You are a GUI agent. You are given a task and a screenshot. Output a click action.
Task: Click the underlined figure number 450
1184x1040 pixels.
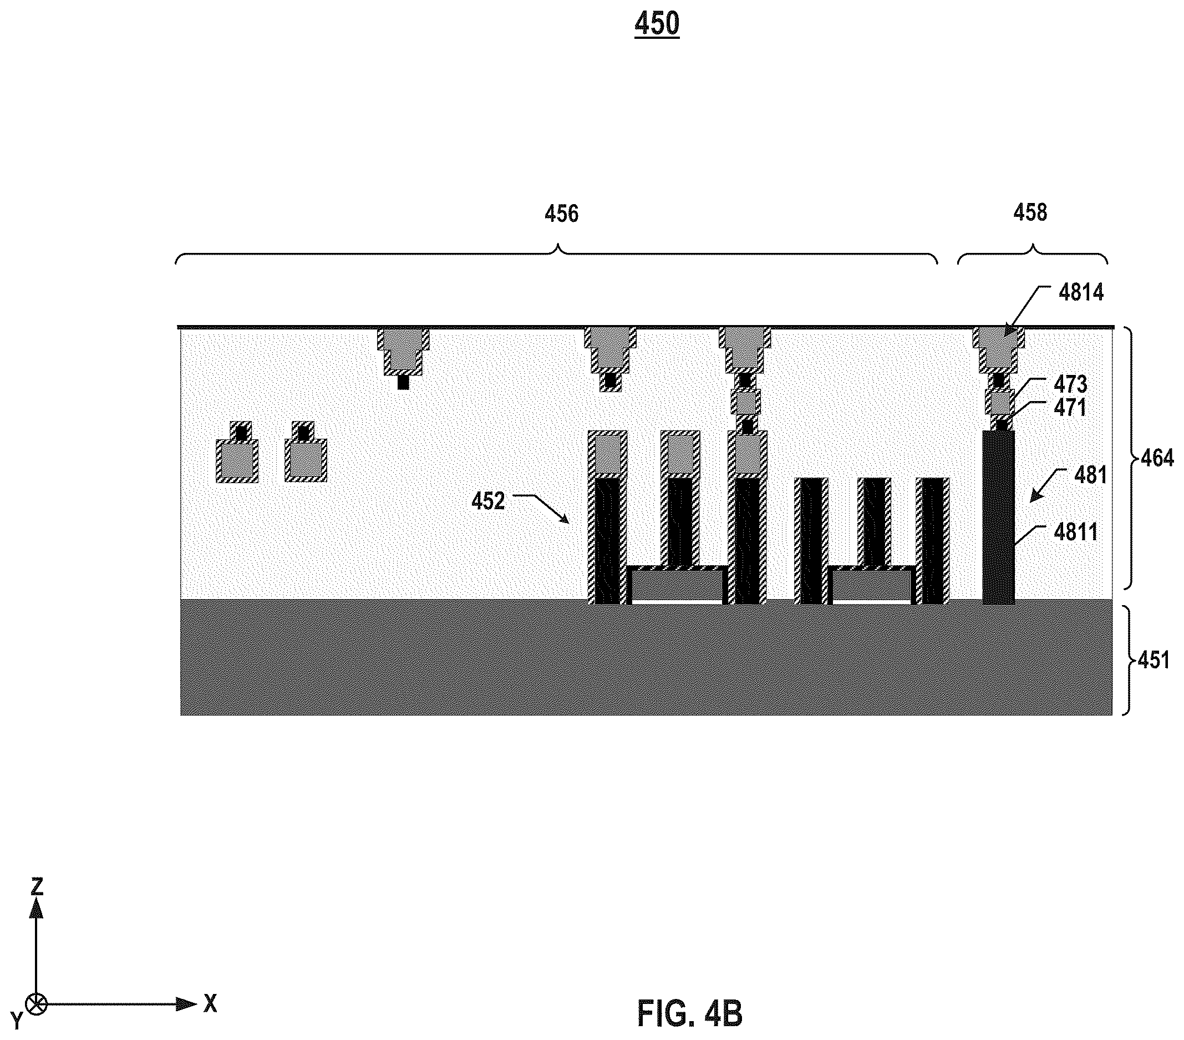click(x=656, y=24)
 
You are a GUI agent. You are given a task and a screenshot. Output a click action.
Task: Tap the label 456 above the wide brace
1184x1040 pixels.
click(x=561, y=214)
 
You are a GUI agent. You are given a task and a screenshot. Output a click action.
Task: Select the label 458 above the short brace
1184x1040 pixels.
click(x=1030, y=212)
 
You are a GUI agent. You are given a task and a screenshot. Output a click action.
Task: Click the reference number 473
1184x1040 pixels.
click(x=1070, y=384)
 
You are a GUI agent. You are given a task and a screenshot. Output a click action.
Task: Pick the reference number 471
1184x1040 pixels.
click(x=1070, y=408)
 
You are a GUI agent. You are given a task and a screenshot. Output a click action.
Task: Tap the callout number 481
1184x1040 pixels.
click(x=1091, y=475)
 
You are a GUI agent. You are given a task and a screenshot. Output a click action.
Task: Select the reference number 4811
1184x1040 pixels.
click(x=1076, y=532)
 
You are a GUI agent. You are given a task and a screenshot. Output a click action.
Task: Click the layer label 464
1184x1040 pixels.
click(x=1157, y=458)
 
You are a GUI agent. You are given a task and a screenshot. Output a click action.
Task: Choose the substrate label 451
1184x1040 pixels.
click(x=1153, y=661)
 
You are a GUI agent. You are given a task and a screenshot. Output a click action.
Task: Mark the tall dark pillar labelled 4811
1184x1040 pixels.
click(x=998, y=517)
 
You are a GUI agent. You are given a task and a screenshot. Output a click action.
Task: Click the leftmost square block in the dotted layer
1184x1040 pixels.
click(x=237, y=460)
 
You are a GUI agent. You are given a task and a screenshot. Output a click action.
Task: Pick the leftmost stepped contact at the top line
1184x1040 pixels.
click(x=403, y=351)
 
